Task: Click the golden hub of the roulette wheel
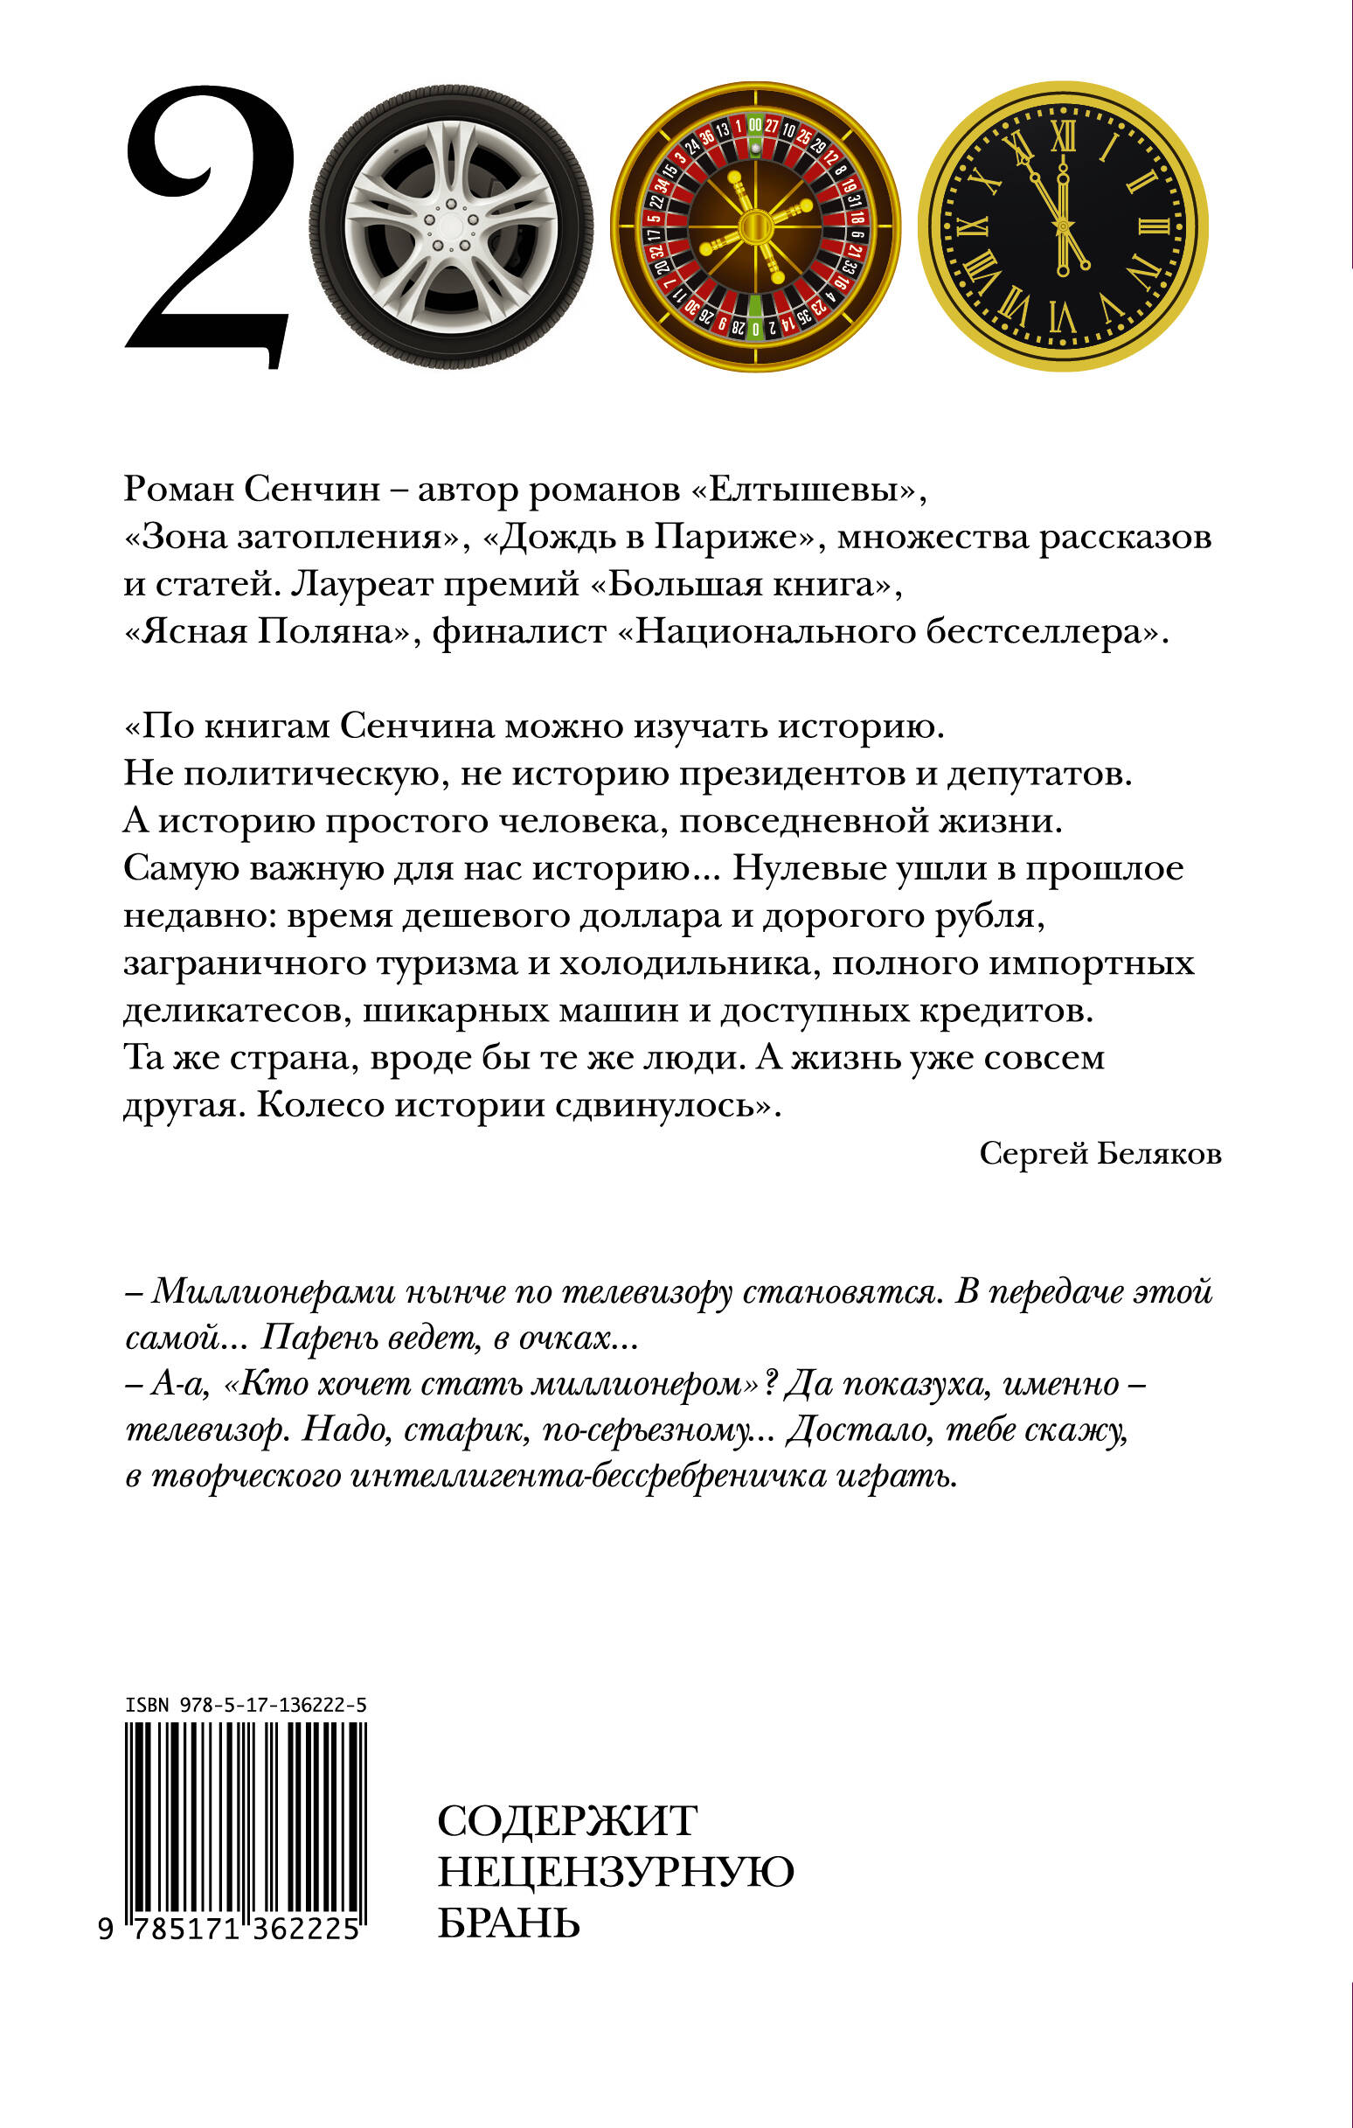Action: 755,227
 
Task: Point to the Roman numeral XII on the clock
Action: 1063,135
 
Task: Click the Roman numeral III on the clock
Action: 1153,226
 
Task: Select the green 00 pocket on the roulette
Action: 754,126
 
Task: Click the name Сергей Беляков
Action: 1100,1153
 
